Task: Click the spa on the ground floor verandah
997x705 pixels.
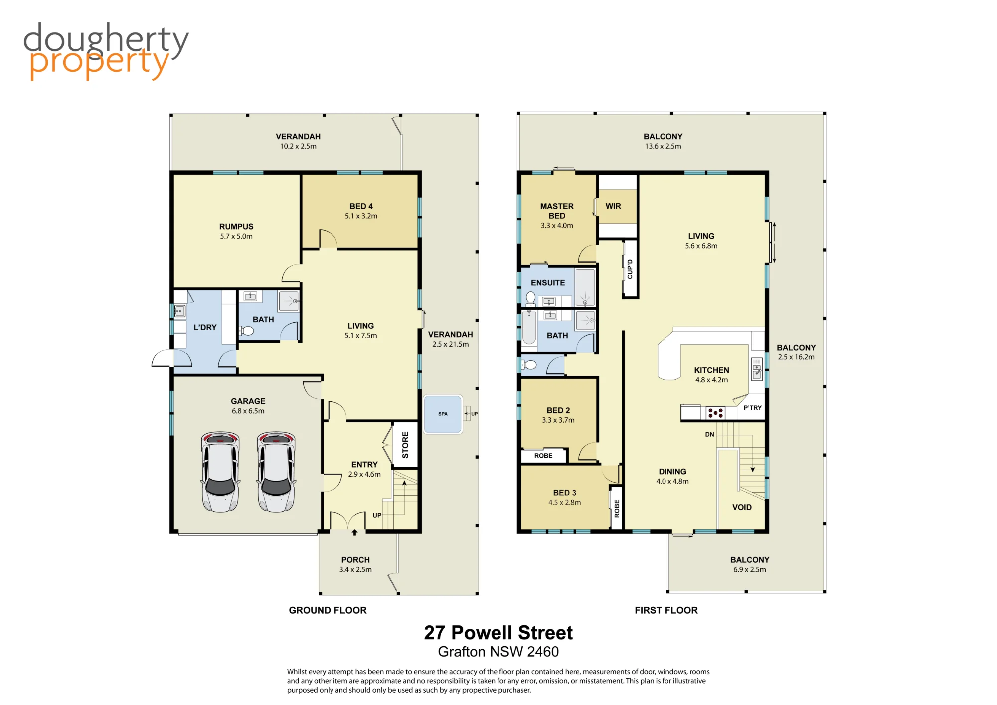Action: tap(443, 414)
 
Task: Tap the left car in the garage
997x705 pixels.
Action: tap(220, 472)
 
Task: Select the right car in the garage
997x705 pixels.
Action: tap(276, 472)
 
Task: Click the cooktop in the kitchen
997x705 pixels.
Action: tap(715, 413)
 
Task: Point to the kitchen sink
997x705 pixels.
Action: tap(757, 369)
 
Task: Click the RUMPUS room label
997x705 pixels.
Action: tap(236, 227)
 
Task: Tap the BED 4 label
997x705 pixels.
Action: tap(361, 206)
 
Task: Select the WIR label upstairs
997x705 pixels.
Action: tap(613, 206)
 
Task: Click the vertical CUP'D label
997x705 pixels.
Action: tap(630, 269)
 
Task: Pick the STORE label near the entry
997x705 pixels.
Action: tap(405, 445)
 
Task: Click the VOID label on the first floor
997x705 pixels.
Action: tap(742, 507)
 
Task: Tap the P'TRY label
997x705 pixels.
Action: tap(753, 408)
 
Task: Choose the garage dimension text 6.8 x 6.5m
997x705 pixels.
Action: tap(248, 411)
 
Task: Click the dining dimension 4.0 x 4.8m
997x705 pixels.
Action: tap(672, 481)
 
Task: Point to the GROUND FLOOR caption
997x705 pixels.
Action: tap(328, 610)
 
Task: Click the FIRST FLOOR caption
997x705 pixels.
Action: tap(666, 610)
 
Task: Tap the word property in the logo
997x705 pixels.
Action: tap(99, 64)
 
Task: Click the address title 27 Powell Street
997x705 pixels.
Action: tap(498, 633)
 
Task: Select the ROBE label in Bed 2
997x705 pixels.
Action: tap(543, 456)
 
